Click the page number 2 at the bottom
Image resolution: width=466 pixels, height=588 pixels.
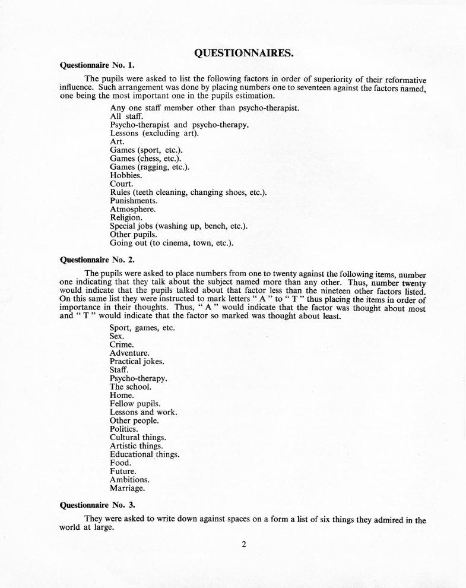point(243,543)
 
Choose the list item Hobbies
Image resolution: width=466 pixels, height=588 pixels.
point(126,176)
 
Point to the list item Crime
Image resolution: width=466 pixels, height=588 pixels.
point(122,344)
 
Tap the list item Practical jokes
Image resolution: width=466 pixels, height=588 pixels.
point(137,361)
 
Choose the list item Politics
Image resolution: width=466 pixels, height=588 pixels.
point(125,429)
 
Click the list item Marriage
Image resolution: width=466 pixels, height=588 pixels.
point(127,488)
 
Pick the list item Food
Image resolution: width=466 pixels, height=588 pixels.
point(121,463)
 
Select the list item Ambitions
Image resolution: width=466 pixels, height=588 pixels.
point(129,479)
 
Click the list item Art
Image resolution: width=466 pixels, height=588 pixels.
point(117,142)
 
